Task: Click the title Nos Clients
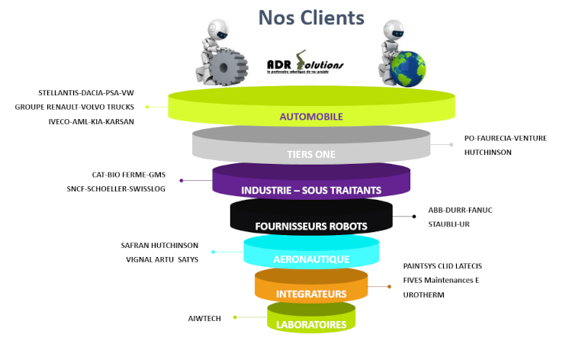[x=310, y=17]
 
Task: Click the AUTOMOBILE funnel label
[x=311, y=117]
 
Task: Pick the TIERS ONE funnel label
[x=310, y=154]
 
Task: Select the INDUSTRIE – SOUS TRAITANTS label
[x=310, y=190]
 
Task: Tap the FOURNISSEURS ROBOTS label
[x=310, y=226]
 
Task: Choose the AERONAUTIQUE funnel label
[x=311, y=259]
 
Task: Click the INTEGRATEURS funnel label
[x=311, y=294]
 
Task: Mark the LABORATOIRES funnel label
[x=311, y=324]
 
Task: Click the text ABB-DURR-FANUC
[x=457, y=210]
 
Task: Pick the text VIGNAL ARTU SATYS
[x=162, y=259]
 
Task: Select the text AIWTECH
[x=204, y=318]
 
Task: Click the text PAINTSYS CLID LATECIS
[x=442, y=266]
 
